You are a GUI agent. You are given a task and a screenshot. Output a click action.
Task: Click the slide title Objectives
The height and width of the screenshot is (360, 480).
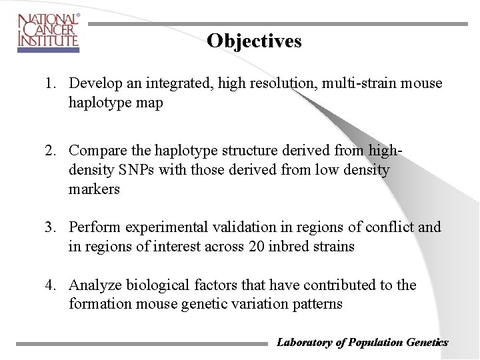pos(254,41)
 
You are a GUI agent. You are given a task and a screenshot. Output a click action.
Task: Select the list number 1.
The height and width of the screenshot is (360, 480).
pos(50,83)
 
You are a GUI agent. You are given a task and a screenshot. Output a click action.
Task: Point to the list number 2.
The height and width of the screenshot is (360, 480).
pos(50,151)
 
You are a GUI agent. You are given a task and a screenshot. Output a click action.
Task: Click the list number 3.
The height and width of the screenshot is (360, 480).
pos(50,227)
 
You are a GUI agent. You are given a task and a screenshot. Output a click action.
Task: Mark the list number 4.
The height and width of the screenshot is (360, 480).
pos(50,285)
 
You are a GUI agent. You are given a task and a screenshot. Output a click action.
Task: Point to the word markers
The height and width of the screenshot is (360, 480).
pos(94,189)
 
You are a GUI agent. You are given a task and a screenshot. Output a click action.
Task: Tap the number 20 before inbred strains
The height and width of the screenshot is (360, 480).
pos(257,247)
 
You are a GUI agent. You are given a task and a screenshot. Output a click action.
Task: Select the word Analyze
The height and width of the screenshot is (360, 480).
pos(94,285)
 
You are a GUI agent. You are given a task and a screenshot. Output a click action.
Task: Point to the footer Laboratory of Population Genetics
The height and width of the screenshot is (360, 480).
pos(362,343)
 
